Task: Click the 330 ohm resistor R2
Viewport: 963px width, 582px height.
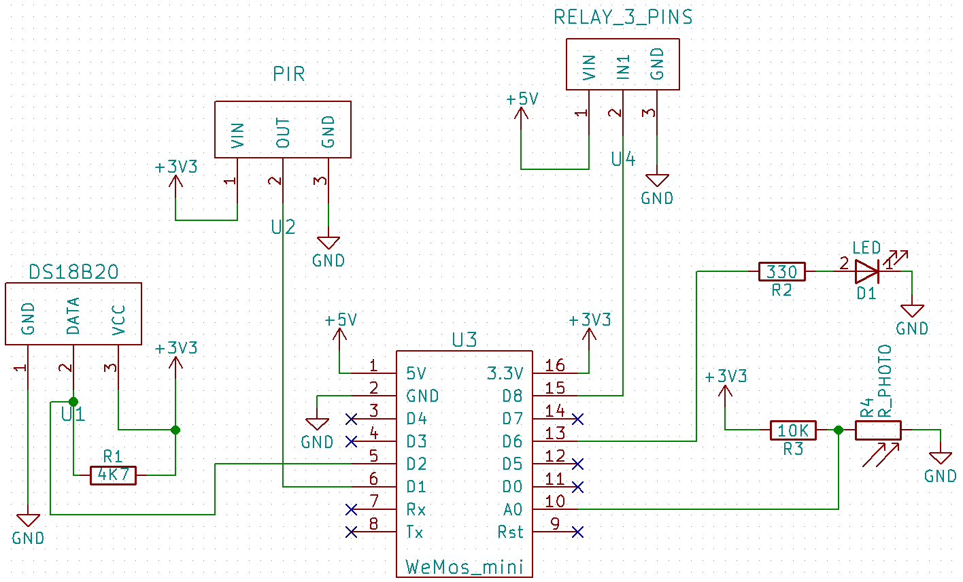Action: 781,272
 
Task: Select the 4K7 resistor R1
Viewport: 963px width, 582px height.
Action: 113,475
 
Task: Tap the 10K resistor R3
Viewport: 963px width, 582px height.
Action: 793,430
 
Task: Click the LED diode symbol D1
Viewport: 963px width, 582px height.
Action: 867,272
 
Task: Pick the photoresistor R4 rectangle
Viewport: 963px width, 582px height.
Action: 878,430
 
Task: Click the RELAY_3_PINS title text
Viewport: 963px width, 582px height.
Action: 623,18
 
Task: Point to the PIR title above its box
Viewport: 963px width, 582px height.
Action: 289,74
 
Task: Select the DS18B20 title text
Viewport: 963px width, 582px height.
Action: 73,273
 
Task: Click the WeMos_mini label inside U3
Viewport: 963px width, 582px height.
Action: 464,566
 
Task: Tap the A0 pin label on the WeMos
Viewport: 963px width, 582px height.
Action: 512,509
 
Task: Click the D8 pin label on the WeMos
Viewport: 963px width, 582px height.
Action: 512,396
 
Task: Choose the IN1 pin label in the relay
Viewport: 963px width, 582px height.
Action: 624,67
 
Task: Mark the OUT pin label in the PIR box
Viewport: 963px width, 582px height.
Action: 283,133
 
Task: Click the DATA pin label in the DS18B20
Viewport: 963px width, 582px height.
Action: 73,315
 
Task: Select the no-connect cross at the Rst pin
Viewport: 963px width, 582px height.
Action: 577,532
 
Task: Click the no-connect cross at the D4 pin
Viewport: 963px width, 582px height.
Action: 352,418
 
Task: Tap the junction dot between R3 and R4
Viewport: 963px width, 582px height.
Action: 838,430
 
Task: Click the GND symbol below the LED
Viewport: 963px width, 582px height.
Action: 911,311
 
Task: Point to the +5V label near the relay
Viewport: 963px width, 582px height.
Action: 522,99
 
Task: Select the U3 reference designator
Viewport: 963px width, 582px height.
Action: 464,340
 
